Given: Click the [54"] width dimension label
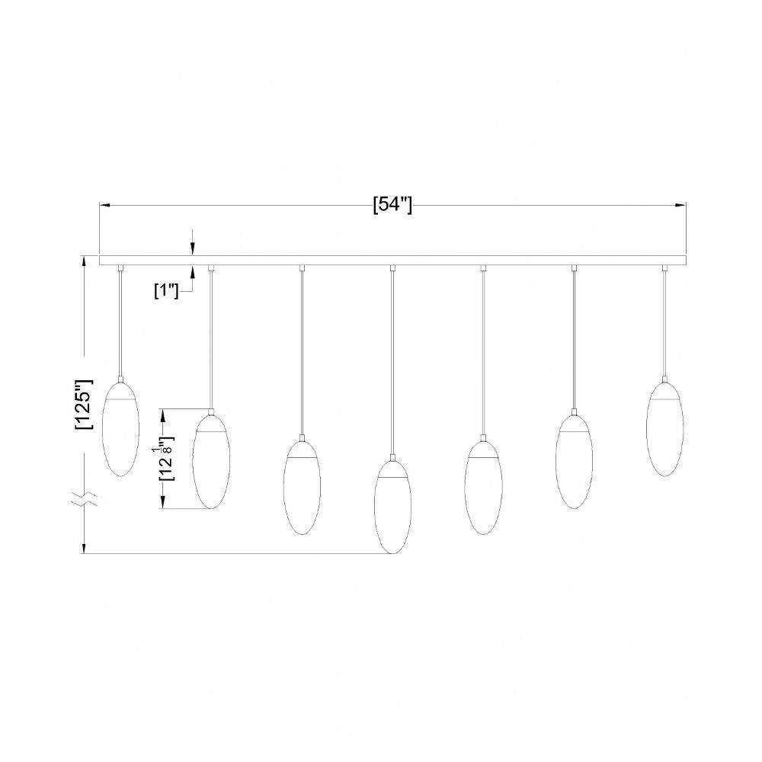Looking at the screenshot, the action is click(392, 206).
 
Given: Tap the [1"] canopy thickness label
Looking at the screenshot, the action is click(166, 291).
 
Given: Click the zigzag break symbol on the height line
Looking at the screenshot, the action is click(85, 498).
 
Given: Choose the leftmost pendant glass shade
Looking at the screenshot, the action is click(120, 428).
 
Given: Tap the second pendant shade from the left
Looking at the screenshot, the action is click(211, 461).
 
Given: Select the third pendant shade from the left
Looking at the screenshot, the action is click(302, 488).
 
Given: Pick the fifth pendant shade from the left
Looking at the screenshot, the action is click(483, 488).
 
